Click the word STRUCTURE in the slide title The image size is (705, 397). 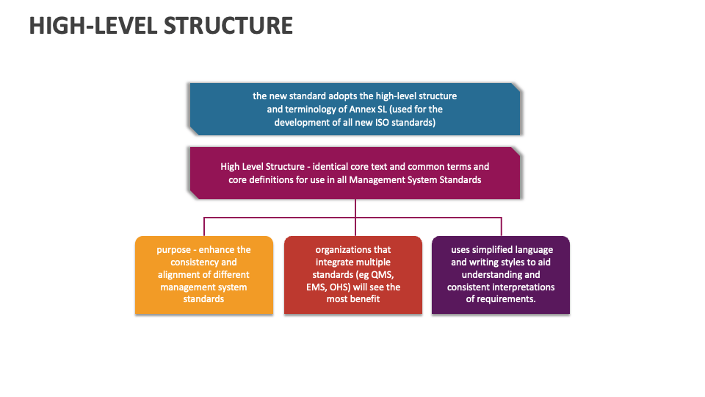[x=228, y=25]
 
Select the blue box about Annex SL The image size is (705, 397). [x=355, y=109]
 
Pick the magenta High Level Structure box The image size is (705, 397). [x=355, y=173]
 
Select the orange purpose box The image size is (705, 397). [x=203, y=275]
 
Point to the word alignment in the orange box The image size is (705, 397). [x=179, y=275]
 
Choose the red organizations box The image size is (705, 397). [x=353, y=275]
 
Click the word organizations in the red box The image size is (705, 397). [x=353, y=250]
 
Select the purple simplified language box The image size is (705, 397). [x=501, y=275]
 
